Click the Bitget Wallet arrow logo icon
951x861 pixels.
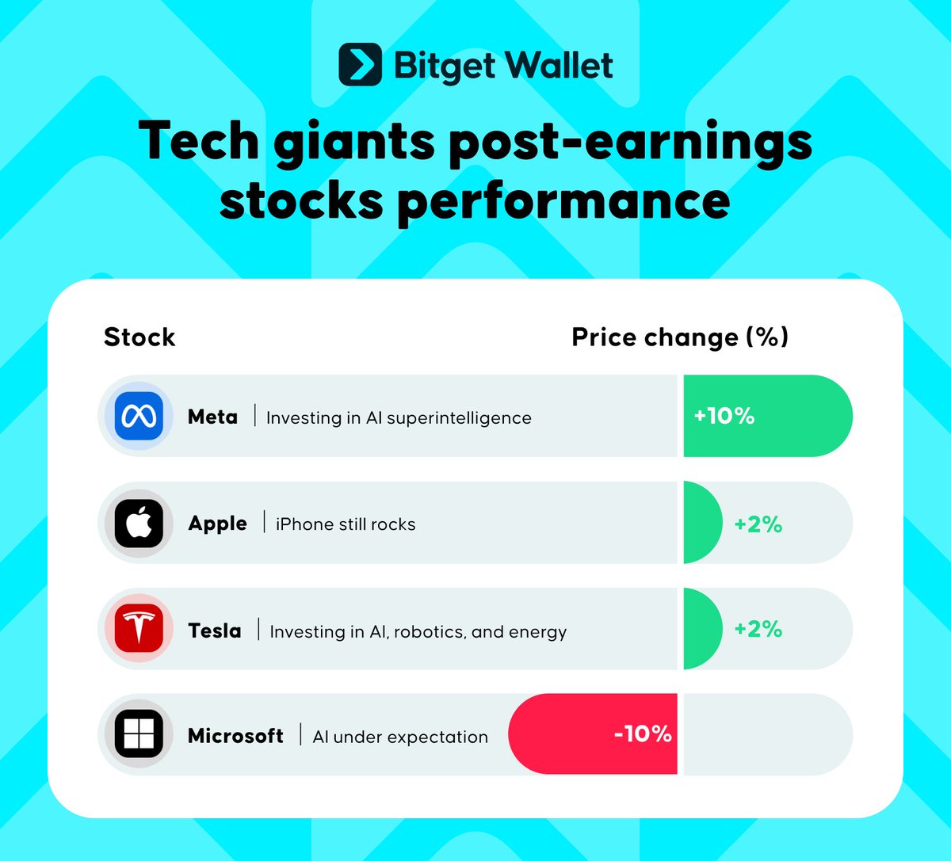point(360,64)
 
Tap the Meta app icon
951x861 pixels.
point(139,416)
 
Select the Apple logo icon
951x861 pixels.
point(139,523)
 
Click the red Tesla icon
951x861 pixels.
point(139,628)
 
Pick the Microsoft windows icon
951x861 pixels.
point(139,733)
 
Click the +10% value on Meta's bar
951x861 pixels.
point(724,416)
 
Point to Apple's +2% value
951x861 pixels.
point(758,524)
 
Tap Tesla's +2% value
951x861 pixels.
point(758,629)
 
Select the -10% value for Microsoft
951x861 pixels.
point(643,733)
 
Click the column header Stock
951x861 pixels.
point(139,337)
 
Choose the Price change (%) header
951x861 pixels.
point(680,337)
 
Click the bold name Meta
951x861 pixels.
point(212,417)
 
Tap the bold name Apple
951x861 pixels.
point(217,524)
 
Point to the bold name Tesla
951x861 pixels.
point(214,631)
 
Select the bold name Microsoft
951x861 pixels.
point(235,736)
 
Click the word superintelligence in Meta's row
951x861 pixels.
point(459,418)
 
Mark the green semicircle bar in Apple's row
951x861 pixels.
point(701,522)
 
